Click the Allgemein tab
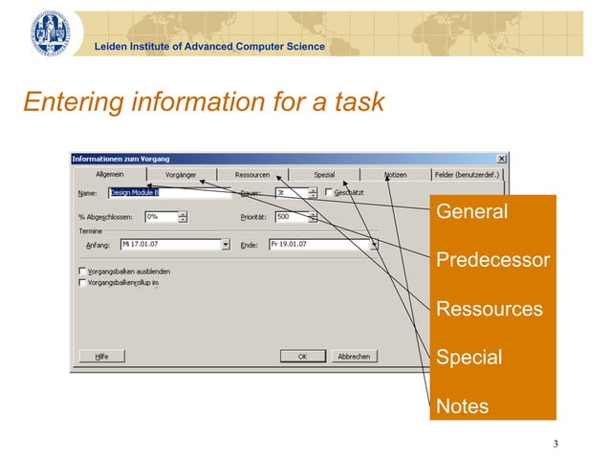coord(108,175)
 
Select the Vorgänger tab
coord(181,175)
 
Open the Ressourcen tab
coord(252,175)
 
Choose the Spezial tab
coord(324,175)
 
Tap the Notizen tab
coord(395,175)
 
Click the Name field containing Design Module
coord(169,192)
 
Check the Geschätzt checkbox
coord(328,192)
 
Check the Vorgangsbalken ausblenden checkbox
coord(83,272)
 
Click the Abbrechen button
coord(353,356)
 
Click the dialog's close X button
coord(502,159)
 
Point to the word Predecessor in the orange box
coord(492,260)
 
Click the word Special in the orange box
coord(468,358)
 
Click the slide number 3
coord(555,443)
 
